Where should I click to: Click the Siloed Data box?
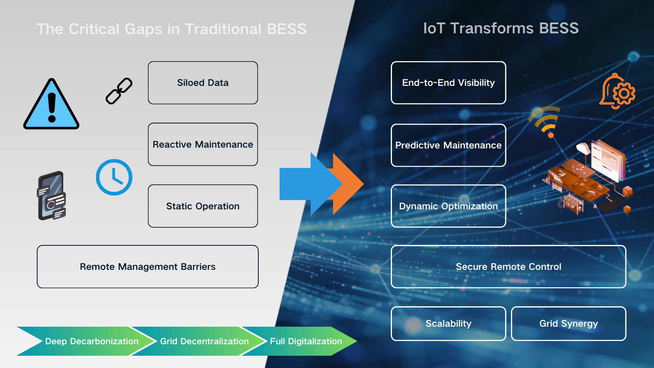point(203,83)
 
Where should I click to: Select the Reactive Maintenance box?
point(203,144)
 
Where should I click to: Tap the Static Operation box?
point(203,206)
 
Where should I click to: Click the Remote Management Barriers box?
point(148,267)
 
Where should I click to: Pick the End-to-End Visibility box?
point(448,83)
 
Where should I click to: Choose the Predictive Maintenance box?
point(448,145)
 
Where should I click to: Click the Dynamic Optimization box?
point(448,206)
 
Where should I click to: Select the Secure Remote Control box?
point(508,267)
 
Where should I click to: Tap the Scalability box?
point(448,323)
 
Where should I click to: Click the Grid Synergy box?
point(569,323)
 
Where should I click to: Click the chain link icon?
point(119,91)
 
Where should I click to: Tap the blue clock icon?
point(114,177)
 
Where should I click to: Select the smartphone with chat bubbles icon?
point(52,196)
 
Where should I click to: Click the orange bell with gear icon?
point(617,92)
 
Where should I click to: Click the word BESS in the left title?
point(287,29)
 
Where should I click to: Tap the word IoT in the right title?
point(434,28)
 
